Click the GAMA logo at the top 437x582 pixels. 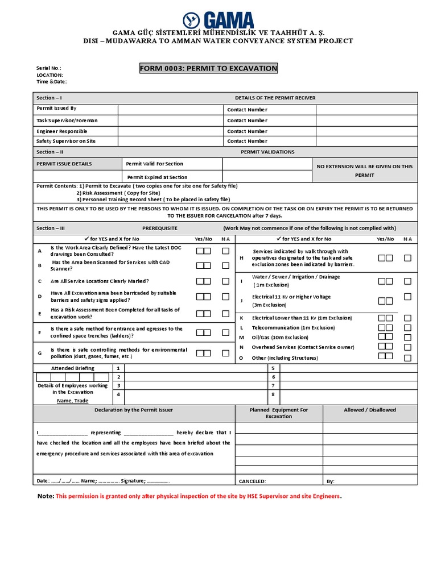pos(218,20)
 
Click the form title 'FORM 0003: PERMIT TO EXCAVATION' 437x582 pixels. pos(209,69)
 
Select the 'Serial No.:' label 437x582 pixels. pos(48,68)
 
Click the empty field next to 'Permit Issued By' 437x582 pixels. pos(170,110)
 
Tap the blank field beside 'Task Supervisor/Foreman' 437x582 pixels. pos(170,120)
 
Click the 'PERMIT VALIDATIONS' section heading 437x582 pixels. pos(267,152)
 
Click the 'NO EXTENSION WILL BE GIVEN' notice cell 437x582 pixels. pos(365,171)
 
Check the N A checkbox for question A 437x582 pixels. pos(226,251)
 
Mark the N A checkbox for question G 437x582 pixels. pos(226,353)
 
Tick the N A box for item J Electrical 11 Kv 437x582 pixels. pos(407,297)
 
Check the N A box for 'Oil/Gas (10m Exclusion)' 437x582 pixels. pos(407,337)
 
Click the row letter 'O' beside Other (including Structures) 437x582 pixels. pos(241,358)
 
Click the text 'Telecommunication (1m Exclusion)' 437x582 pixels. pos(293,328)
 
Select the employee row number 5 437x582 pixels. pos(274,368)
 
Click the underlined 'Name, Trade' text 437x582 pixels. pos(72,400)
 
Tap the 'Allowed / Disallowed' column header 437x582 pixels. pos(370,410)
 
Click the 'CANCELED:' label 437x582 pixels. pos(252,481)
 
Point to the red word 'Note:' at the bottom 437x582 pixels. pos(46,496)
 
